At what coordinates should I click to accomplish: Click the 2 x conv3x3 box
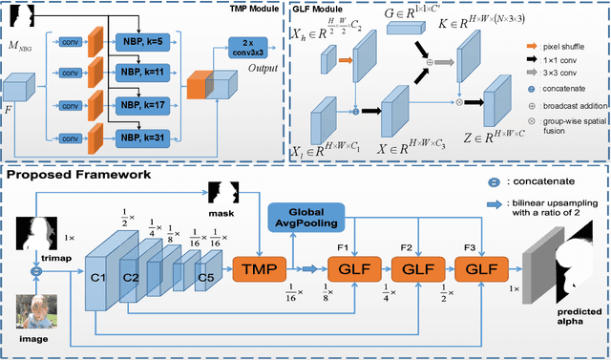coord(252,48)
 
